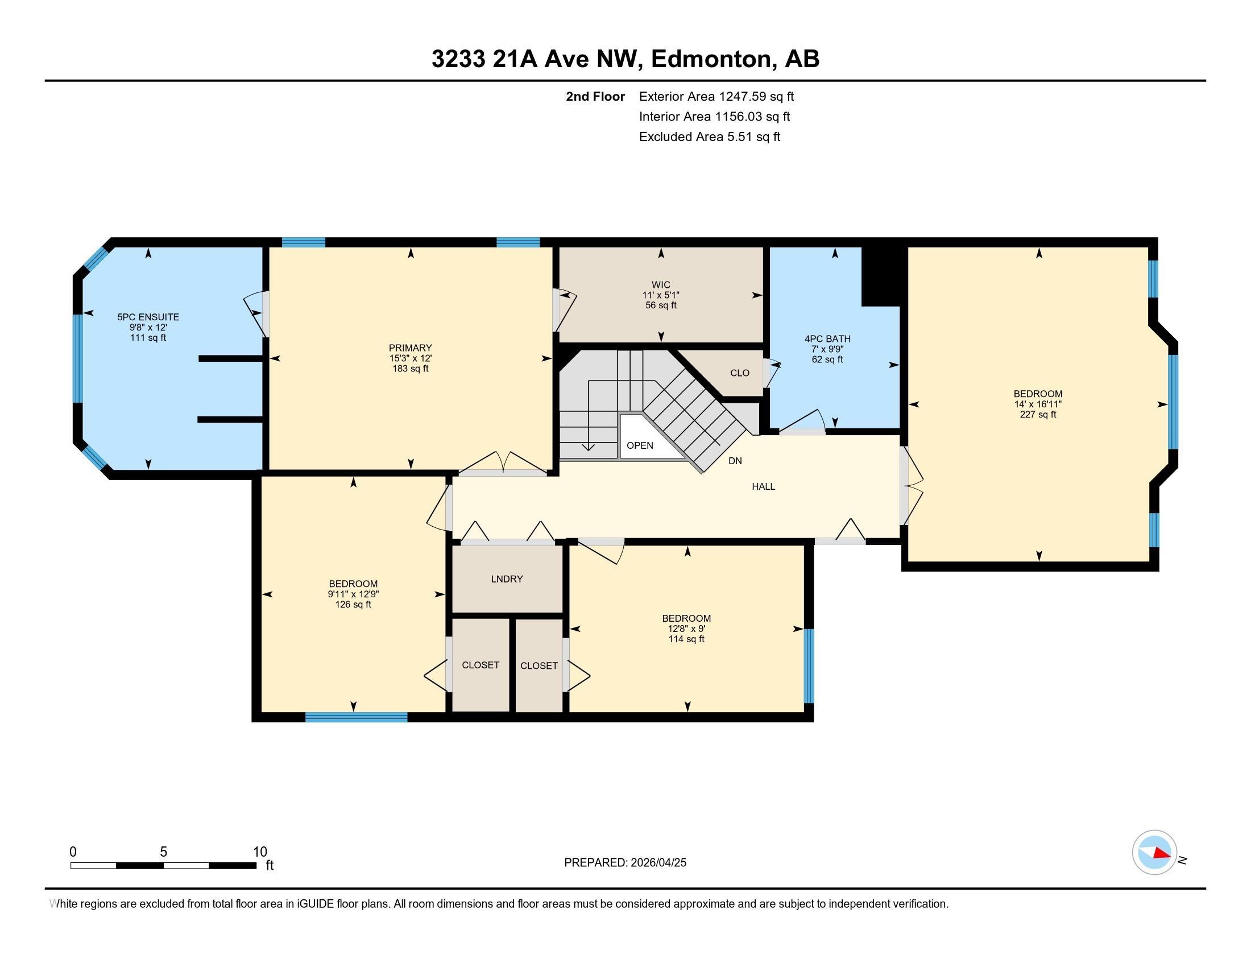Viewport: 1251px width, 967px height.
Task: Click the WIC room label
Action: [660, 285]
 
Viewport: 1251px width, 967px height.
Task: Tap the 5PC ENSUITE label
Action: [148, 317]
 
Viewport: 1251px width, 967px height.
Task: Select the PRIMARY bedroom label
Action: [410, 348]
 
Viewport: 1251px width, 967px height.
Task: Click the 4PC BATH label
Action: [828, 339]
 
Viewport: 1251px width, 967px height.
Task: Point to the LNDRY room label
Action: [507, 578]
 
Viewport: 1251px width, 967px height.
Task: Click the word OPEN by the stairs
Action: [640, 445]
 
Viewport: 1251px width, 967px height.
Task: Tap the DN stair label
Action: [735, 461]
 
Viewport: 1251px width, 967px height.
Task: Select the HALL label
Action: [764, 486]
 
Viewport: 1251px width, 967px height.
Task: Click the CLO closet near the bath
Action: [739, 373]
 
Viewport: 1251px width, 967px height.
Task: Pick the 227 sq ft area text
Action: [1038, 414]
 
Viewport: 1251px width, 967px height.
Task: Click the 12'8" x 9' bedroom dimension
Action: [686, 629]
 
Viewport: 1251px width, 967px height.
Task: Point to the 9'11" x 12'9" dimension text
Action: [354, 594]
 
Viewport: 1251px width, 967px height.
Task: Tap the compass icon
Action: [1154, 853]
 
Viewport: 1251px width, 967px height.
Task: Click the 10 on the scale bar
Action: [260, 852]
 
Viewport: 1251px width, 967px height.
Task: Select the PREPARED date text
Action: [625, 862]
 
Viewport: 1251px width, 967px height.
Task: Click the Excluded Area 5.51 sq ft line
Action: [710, 137]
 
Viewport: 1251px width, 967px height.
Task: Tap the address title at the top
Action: [625, 59]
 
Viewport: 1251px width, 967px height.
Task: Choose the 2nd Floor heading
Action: [595, 96]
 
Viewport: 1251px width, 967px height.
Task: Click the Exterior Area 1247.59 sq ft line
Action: [716, 96]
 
